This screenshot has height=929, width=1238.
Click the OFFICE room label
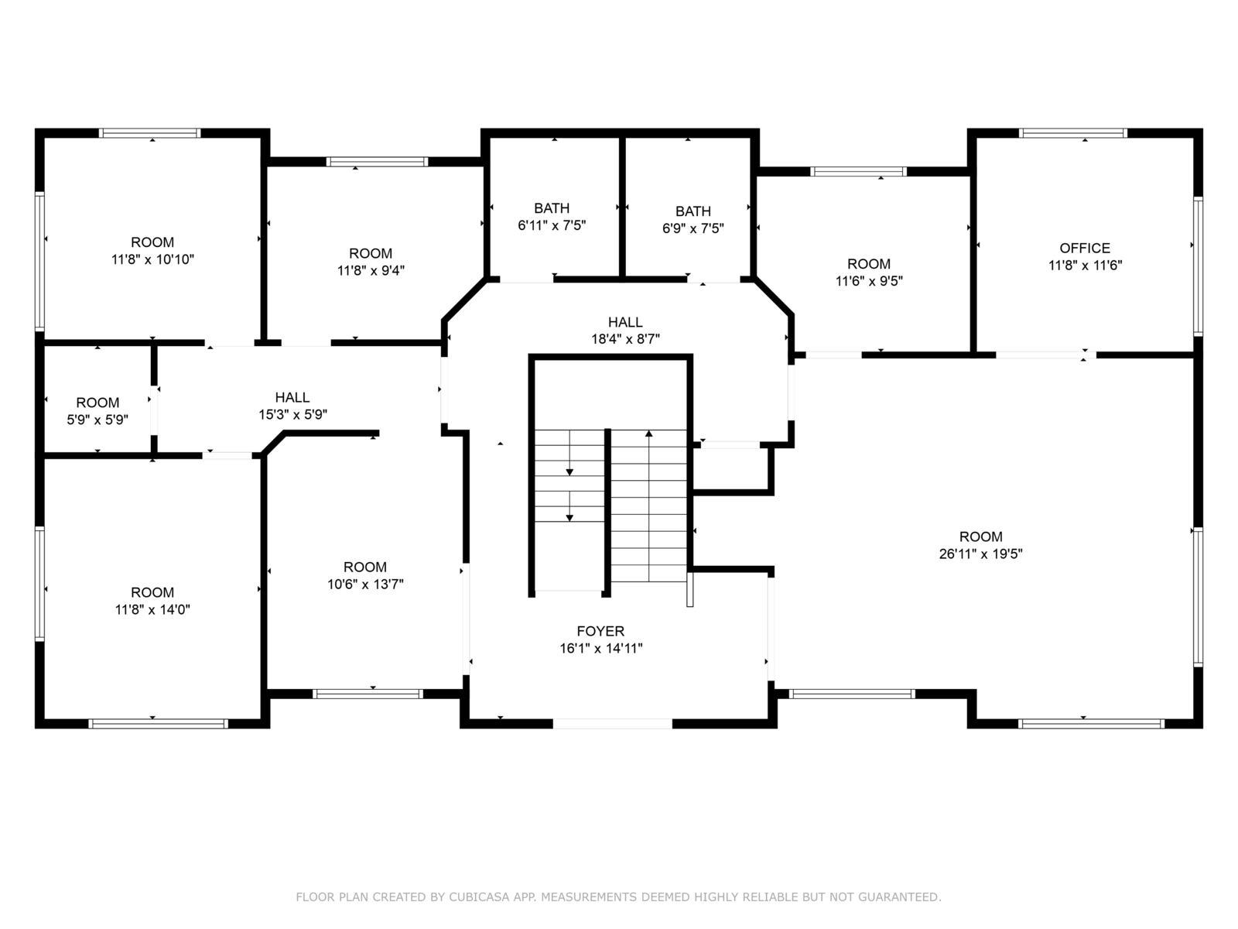coord(1085,248)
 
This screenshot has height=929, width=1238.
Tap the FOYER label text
coord(600,631)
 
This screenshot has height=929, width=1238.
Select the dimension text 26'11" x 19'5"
coord(980,554)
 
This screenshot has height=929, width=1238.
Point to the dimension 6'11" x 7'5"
coord(552,225)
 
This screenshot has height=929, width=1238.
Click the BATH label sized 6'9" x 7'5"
coord(693,211)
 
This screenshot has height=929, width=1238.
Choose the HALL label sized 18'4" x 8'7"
coord(625,322)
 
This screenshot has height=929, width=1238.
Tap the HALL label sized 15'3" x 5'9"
coord(292,397)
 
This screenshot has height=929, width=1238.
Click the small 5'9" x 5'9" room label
coord(97,403)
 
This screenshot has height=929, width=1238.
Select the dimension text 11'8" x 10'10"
coord(152,259)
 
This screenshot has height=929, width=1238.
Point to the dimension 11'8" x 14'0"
coord(152,609)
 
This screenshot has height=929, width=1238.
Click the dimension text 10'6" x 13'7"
coord(365,584)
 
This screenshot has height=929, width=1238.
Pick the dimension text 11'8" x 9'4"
coord(371,271)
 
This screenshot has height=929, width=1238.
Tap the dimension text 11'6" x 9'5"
coord(869,281)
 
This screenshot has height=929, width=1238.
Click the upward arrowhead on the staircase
coord(648,434)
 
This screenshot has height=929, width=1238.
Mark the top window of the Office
coord(1072,133)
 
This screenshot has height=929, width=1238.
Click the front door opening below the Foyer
coord(613,724)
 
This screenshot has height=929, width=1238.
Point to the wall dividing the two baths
coord(622,207)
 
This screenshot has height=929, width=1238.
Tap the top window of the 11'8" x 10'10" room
coord(150,133)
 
